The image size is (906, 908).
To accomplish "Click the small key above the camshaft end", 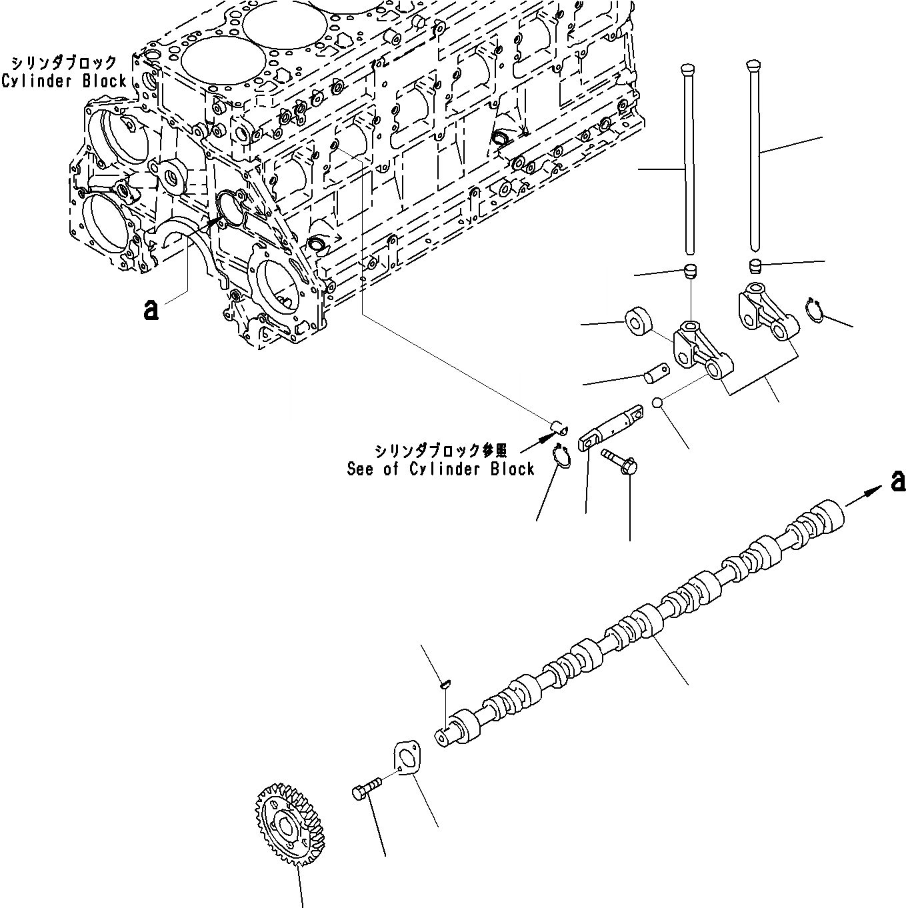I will point(447,683).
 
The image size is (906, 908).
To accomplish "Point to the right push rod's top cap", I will point(751,64).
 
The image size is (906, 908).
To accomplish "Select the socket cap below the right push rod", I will point(754,265).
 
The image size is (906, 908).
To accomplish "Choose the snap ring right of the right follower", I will point(815,311).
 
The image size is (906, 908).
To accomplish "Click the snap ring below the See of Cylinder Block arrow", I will point(560,457).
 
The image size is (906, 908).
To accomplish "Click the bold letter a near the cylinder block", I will point(151,309).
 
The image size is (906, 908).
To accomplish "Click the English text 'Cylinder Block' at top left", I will point(64,81).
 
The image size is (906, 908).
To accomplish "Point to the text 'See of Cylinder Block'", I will point(441,469).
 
